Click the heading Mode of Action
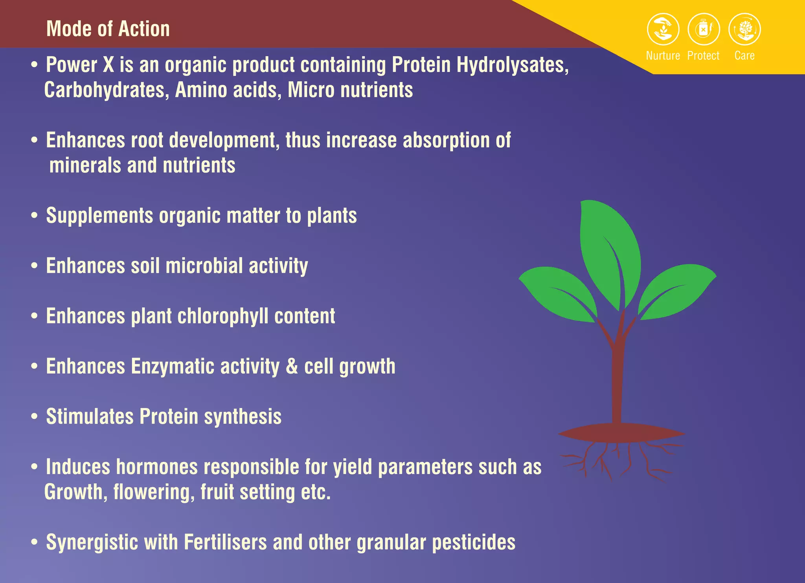[x=108, y=29]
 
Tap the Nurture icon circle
[x=663, y=29]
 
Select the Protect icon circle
[x=704, y=29]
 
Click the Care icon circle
[x=744, y=29]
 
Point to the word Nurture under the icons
[x=663, y=56]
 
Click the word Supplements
[x=99, y=216]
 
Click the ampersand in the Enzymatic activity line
[x=292, y=367]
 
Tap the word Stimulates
[x=90, y=417]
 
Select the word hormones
[x=157, y=467]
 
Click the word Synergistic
[x=92, y=543]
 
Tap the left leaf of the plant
[x=558, y=293]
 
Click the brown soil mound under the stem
[x=621, y=433]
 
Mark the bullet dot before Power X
[x=35, y=65]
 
